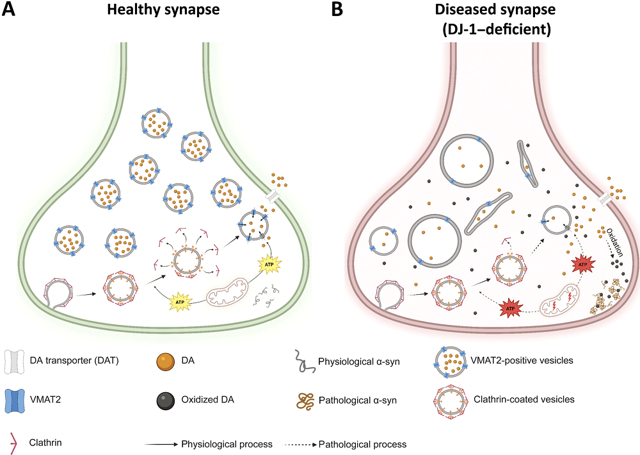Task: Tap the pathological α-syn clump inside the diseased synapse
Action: click(x=607, y=295)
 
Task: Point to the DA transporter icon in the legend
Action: click(x=13, y=362)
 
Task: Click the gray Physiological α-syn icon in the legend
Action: click(x=305, y=360)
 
